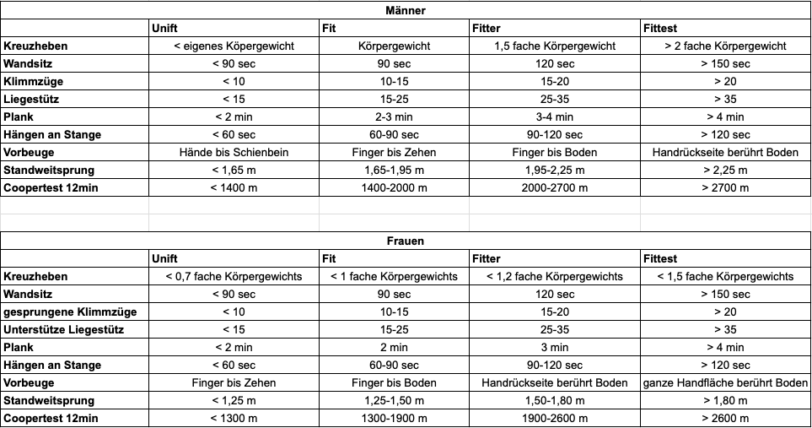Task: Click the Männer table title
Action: (406, 11)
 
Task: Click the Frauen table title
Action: (406, 241)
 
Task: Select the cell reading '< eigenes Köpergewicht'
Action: (234, 46)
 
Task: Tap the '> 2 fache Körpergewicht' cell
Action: (725, 46)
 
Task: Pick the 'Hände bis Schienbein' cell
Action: (234, 152)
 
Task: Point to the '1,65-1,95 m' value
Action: (394, 170)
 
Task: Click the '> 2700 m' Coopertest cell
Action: (725, 187)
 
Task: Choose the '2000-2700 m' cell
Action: (554, 187)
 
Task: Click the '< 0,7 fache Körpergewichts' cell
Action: (234, 276)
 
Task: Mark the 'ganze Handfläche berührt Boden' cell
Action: (725, 382)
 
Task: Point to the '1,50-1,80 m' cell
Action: (554, 400)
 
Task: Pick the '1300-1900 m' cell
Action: (394, 418)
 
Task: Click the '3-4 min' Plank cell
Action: (554, 116)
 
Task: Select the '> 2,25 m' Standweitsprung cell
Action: (725, 170)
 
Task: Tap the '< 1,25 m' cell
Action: (234, 400)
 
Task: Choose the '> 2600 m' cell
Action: (725, 418)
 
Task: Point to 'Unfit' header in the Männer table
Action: (164, 28)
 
